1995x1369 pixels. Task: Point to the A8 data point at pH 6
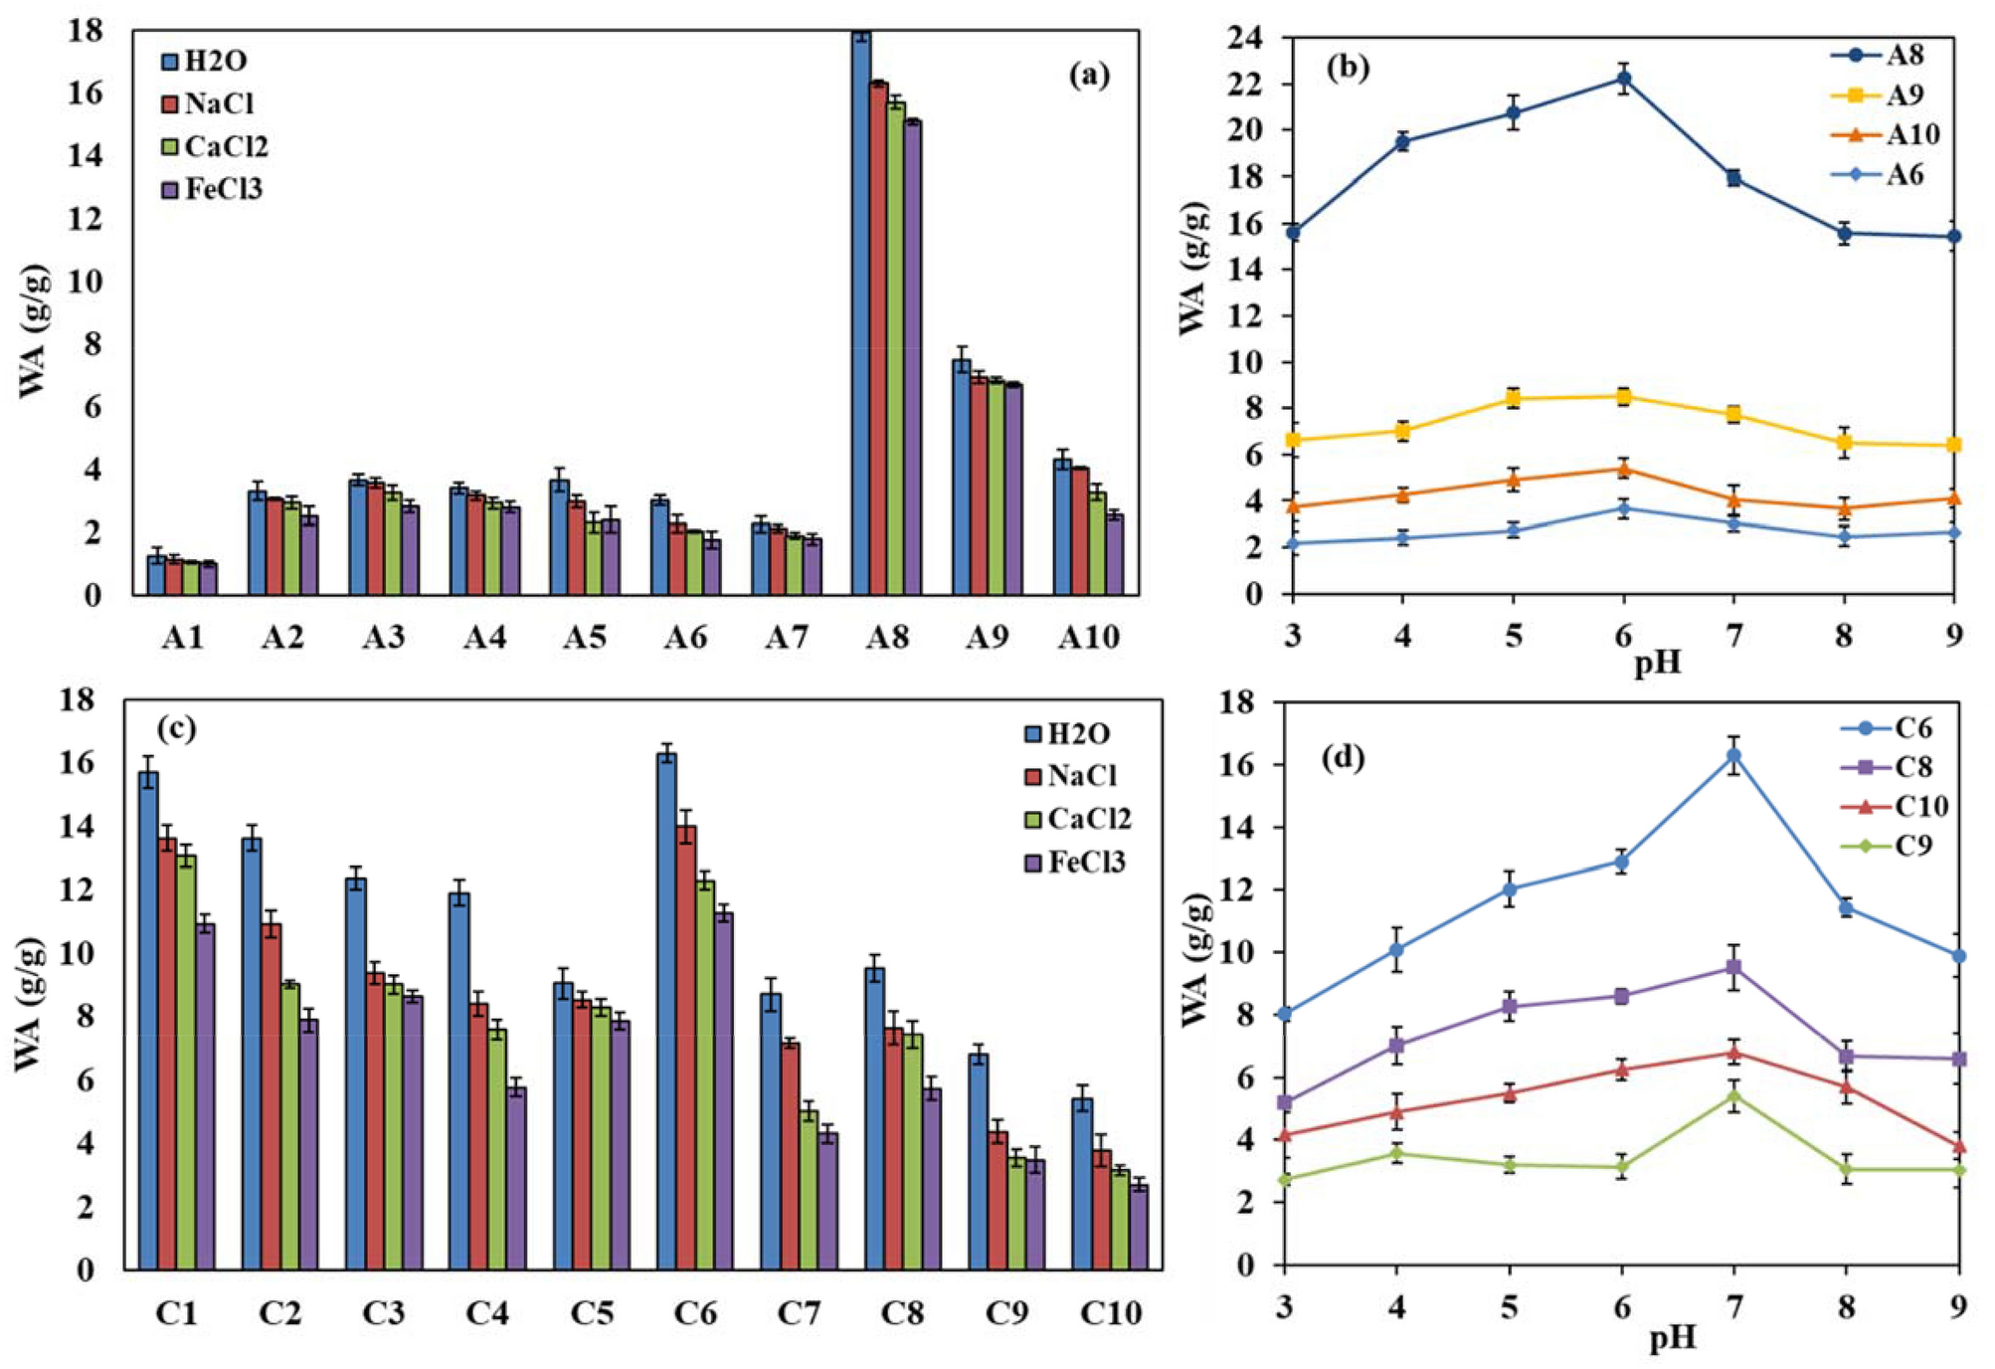click(x=1623, y=79)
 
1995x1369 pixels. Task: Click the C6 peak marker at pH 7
click(x=1733, y=755)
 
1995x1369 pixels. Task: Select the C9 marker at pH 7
click(x=1733, y=1096)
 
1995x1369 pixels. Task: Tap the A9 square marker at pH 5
click(x=1513, y=398)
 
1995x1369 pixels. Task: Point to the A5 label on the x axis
click(x=585, y=637)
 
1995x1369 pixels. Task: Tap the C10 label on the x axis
click(x=1110, y=1313)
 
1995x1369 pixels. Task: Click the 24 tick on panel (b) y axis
click(x=1243, y=38)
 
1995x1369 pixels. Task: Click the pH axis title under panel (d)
click(x=1672, y=1338)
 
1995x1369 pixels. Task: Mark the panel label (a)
click(x=1089, y=75)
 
